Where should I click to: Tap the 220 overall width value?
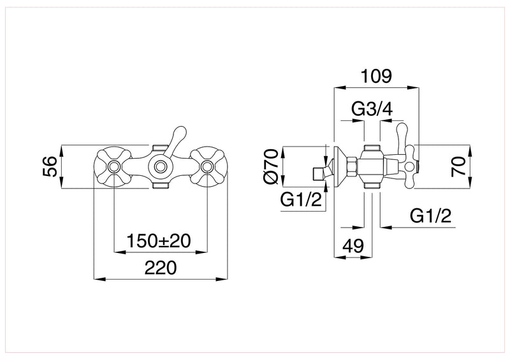(x=159, y=269)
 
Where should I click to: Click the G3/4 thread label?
(x=372, y=110)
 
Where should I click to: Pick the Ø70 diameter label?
(x=270, y=167)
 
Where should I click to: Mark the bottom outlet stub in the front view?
(x=159, y=185)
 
